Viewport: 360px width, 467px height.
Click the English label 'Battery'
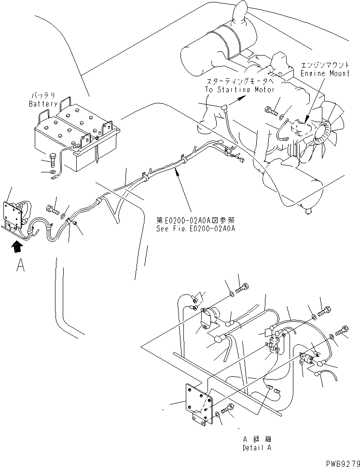(x=43, y=104)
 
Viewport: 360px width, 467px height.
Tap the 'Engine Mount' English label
(x=325, y=73)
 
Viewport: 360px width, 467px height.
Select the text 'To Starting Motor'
(x=239, y=89)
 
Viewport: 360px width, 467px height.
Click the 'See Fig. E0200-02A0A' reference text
(x=195, y=229)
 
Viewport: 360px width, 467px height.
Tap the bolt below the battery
(x=53, y=158)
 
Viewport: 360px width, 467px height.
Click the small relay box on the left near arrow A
(x=14, y=214)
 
